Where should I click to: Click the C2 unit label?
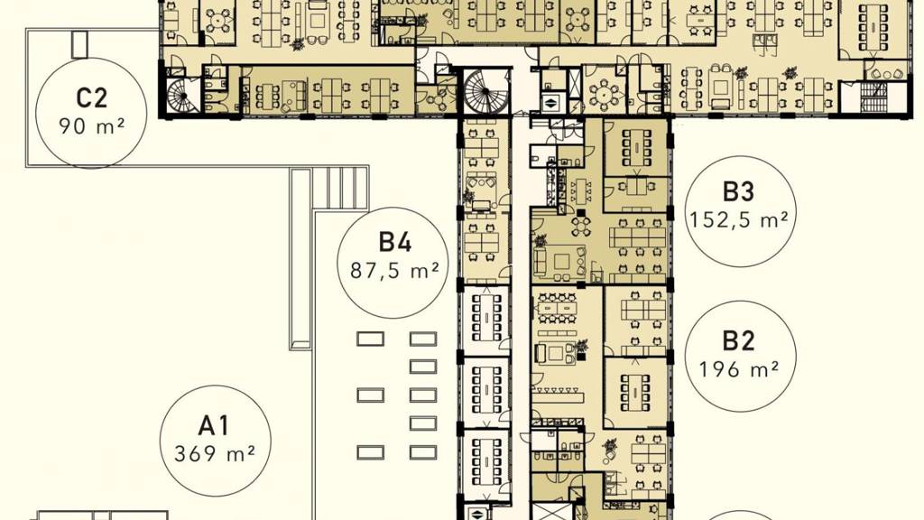pyautogui.click(x=91, y=97)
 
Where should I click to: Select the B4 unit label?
pyautogui.click(x=394, y=242)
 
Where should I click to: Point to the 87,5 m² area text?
pyautogui.click(x=394, y=270)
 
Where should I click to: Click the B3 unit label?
pyautogui.click(x=738, y=191)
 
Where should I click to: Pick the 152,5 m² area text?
pyautogui.click(x=738, y=220)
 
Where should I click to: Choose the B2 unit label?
pyautogui.click(x=738, y=341)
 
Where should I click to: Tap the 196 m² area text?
pyautogui.click(x=738, y=369)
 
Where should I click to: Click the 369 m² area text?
pyautogui.click(x=215, y=453)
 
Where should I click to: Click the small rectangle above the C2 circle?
pyautogui.click(x=79, y=44)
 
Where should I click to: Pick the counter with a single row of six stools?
pyautogui.click(x=558, y=394)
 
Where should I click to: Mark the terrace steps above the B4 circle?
pyautogui.click(x=340, y=188)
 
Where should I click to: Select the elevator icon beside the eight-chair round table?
pyautogui.click(x=550, y=101)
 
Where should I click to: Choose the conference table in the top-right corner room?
pyautogui.click(x=873, y=27)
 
